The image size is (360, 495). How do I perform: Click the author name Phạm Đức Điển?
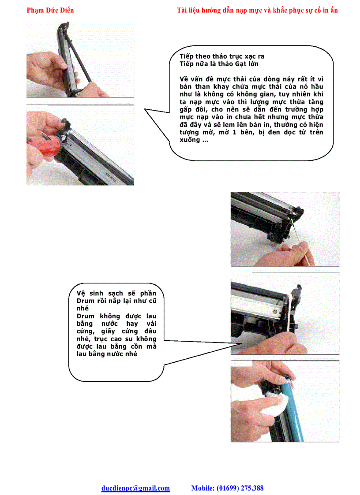coord(50,10)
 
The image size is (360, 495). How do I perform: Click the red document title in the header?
coord(257,10)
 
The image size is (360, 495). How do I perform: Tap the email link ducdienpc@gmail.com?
coord(135,488)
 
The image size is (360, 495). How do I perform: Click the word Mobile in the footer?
coord(202,488)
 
